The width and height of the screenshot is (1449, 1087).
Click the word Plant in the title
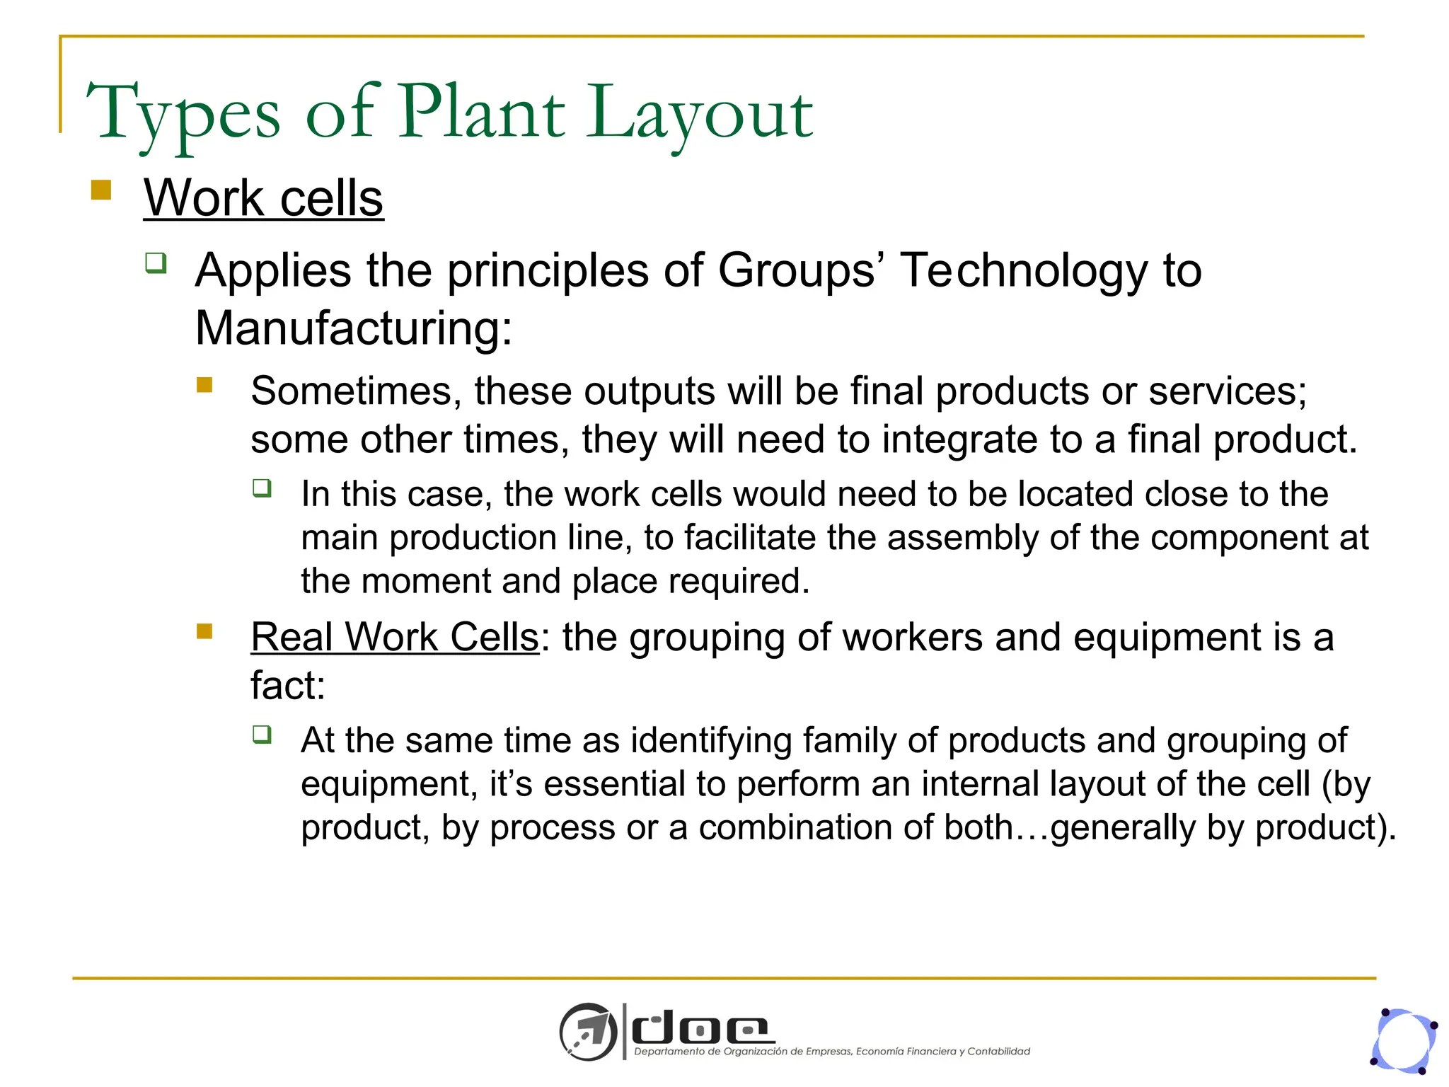click(482, 113)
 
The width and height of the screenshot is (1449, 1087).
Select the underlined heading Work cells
click(263, 197)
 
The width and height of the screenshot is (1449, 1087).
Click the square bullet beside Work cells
click(102, 190)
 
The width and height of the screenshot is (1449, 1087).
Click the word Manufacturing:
click(353, 328)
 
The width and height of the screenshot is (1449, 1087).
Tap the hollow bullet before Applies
click(156, 263)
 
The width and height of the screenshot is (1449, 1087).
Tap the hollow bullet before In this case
click(262, 488)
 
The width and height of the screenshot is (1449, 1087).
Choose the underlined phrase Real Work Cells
click(395, 637)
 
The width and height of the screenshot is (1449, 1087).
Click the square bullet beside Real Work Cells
click(205, 631)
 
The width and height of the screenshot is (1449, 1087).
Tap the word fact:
click(288, 685)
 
